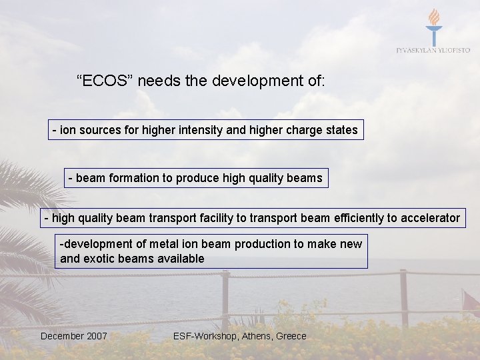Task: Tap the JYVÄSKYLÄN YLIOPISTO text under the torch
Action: (x=433, y=50)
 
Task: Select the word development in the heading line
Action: (x=256, y=82)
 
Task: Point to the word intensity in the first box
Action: (x=201, y=130)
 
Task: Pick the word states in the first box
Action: (x=341, y=130)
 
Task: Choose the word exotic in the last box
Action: (x=100, y=259)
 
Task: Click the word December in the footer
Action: (x=61, y=336)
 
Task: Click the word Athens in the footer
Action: (x=254, y=336)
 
